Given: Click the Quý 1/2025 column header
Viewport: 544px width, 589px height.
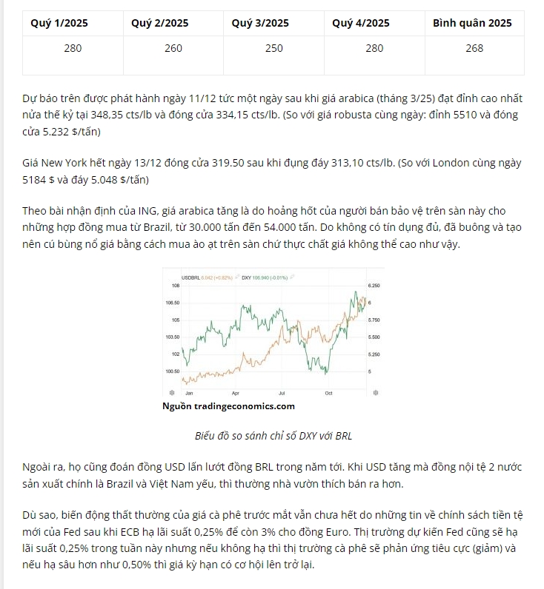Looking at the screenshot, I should coord(59,23).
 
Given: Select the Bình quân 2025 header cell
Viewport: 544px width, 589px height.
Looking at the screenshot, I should coord(472,23).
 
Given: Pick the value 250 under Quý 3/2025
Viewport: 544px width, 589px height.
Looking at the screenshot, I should coord(273,48).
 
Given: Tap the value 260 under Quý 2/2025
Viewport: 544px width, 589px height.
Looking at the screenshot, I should coord(173,48).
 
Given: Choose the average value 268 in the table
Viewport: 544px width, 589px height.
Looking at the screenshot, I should coord(474,48).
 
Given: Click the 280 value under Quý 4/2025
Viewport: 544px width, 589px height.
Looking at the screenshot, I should coord(374,48).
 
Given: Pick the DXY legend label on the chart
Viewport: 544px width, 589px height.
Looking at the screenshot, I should coord(248,277).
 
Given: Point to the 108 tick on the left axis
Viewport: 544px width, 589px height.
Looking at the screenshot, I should coord(176,286).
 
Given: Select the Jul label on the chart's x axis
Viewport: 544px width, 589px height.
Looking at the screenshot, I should coord(282,392).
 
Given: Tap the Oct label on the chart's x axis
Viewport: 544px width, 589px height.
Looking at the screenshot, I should coord(328,392).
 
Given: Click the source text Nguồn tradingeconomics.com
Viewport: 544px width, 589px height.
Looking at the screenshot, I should coord(228,405).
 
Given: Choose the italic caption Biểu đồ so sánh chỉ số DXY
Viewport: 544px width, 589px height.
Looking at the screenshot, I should coord(273,435).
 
